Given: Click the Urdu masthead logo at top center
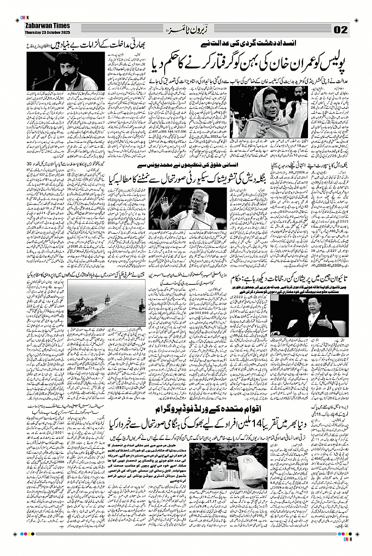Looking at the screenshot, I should click(x=186, y=28).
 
